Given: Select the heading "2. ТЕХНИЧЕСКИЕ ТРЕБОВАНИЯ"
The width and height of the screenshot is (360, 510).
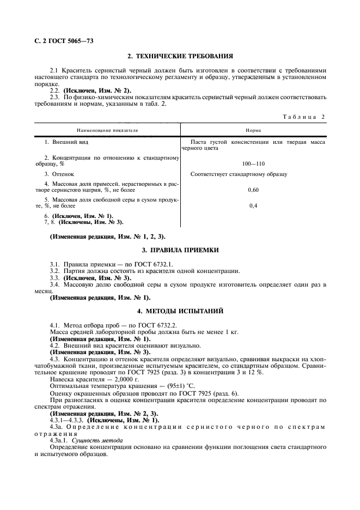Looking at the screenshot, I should [180, 56].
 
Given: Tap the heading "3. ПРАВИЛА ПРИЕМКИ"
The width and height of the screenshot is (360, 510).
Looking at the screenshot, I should [180, 250].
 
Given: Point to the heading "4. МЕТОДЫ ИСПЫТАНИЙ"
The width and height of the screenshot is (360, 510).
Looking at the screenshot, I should [180, 311].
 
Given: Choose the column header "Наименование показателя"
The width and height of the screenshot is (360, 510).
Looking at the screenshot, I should [107, 131].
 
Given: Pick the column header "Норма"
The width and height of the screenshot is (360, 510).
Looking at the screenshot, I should [253, 131].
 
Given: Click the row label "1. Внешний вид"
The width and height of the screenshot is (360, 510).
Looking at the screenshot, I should [66, 142].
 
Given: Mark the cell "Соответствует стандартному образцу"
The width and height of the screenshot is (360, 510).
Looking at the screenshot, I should [239, 174].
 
